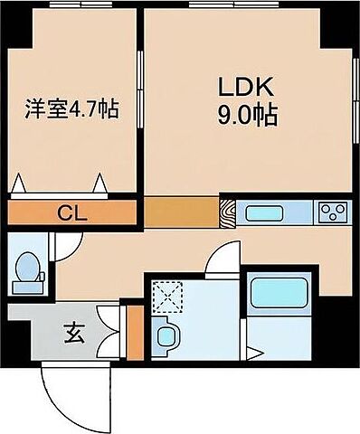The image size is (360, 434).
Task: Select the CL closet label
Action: tap(67, 213)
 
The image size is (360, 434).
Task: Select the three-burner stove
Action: tap(332, 213)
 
